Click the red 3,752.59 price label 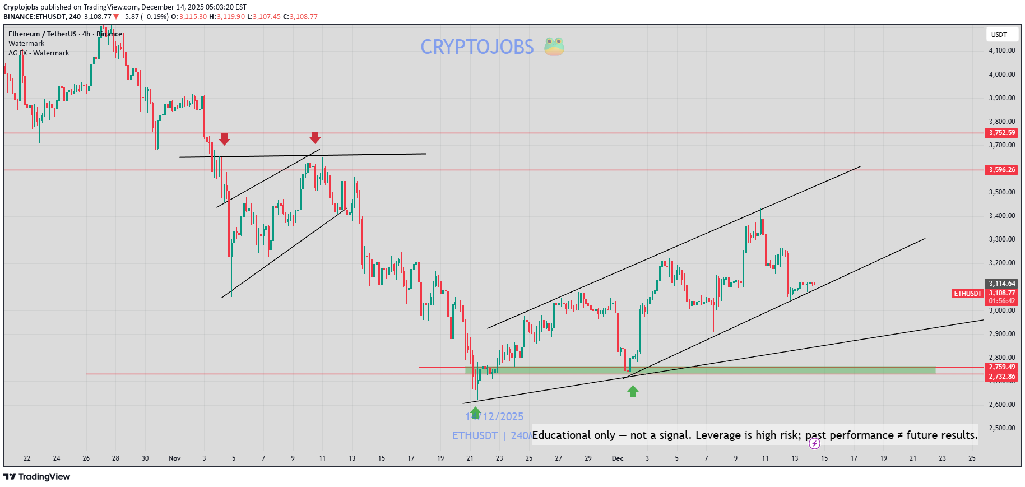pyautogui.click(x=1001, y=133)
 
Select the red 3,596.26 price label pyautogui.click(x=1001, y=170)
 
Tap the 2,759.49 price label pyautogui.click(x=1001, y=367)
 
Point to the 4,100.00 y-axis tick pyautogui.click(x=1001, y=50)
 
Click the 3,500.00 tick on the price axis pyautogui.click(x=1001, y=192)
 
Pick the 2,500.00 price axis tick pyautogui.click(x=1001, y=428)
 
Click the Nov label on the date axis pyautogui.click(x=175, y=458)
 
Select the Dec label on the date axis pyautogui.click(x=618, y=458)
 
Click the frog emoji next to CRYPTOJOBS pyautogui.click(x=554, y=47)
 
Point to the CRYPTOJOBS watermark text pyautogui.click(x=477, y=47)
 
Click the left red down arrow pyautogui.click(x=224, y=139)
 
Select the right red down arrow pyautogui.click(x=315, y=137)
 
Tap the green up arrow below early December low pyautogui.click(x=633, y=391)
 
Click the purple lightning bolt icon pyautogui.click(x=814, y=444)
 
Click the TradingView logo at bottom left pyautogui.click(x=37, y=477)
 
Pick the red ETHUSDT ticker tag pyautogui.click(x=968, y=294)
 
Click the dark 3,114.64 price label pyautogui.click(x=1001, y=284)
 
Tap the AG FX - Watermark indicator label pyautogui.click(x=39, y=53)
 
